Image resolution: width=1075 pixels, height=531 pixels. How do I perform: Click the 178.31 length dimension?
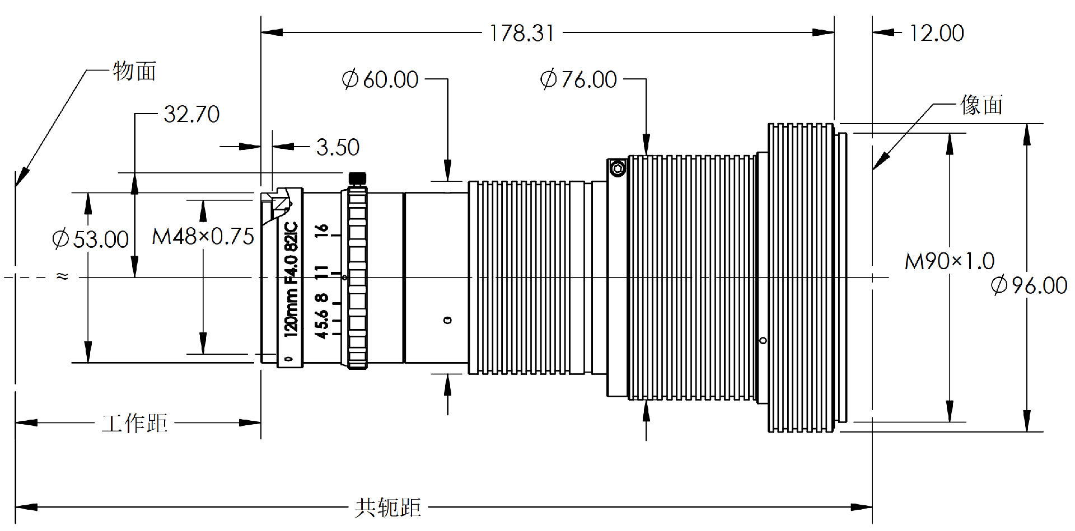click(522, 33)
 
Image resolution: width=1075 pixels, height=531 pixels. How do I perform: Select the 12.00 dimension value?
click(936, 33)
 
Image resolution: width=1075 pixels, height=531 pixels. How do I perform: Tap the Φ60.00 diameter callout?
click(380, 79)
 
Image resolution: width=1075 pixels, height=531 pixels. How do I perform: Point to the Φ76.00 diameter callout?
click(578, 79)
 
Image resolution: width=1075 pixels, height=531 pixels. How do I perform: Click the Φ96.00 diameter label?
click(1029, 285)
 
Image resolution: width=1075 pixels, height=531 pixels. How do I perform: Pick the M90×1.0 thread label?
click(950, 261)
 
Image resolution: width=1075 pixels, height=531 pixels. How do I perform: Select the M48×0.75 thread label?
click(203, 236)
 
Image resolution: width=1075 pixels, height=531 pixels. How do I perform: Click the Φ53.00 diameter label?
click(91, 239)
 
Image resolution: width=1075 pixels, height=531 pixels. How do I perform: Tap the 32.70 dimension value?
click(191, 114)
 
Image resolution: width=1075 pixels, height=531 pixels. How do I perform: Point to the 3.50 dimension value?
click(338, 147)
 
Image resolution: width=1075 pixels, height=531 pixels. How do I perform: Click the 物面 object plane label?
click(134, 71)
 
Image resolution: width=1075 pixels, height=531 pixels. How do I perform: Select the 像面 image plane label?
click(981, 105)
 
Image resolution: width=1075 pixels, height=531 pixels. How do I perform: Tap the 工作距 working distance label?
click(134, 423)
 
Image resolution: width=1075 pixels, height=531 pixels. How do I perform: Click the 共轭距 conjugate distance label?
click(387, 507)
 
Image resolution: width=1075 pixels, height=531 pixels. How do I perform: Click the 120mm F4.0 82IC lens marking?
click(291, 279)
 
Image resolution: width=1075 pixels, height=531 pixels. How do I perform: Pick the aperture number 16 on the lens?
click(321, 230)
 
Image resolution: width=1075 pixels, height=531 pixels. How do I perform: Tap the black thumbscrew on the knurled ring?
click(357, 178)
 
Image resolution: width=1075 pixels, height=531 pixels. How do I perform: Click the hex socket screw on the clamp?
click(618, 168)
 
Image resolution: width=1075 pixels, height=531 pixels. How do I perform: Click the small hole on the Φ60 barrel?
click(447, 320)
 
